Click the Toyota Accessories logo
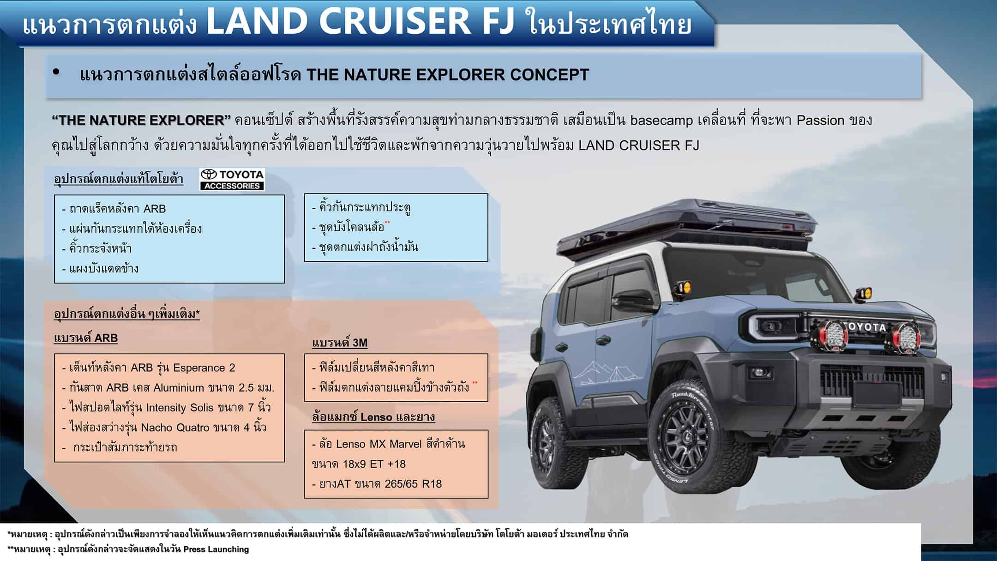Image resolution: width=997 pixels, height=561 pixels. pos(232,180)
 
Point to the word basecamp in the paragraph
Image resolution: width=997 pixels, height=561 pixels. pos(661,121)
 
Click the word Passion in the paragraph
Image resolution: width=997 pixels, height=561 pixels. pos(820,121)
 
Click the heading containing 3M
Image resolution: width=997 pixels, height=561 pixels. pos(340,343)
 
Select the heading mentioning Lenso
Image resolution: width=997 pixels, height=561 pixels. pos(373,417)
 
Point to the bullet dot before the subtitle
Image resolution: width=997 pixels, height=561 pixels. pos(57,72)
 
